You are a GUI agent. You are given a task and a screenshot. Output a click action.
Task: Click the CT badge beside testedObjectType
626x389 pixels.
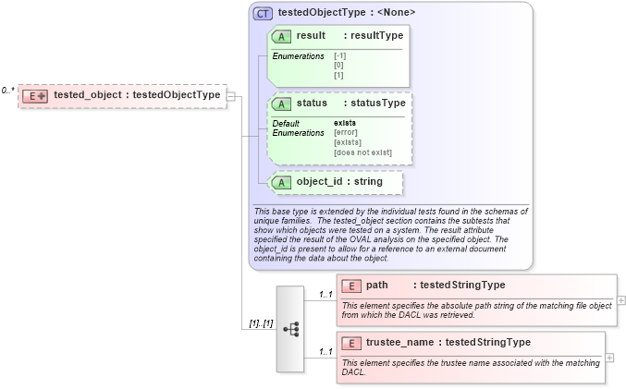point(264,13)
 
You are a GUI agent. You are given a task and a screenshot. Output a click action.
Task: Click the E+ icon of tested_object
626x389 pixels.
point(36,95)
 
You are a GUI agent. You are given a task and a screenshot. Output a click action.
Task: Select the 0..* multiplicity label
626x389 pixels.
point(7,91)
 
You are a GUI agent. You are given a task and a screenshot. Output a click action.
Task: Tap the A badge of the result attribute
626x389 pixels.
point(280,36)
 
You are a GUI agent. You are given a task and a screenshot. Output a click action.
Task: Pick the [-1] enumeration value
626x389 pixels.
point(340,56)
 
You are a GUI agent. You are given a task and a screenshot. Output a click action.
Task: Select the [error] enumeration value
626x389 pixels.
point(346,133)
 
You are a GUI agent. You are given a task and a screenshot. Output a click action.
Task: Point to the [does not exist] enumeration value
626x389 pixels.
point(362,152)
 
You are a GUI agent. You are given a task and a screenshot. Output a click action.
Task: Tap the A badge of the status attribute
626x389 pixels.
point(280,103)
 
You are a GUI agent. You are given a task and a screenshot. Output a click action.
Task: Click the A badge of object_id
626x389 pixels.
point(280,182)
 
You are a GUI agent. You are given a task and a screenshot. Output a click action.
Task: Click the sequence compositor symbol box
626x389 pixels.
point(289,329)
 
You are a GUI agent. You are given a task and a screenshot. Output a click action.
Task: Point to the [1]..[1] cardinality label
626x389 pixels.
point(259,324)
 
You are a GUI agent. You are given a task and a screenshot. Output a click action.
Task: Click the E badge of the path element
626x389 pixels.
point(350,286)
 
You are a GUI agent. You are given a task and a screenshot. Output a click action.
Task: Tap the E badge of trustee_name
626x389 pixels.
point(350,343)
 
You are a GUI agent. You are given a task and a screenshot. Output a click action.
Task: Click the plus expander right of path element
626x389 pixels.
point(621,300)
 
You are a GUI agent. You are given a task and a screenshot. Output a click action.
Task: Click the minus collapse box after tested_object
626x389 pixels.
point(231,95)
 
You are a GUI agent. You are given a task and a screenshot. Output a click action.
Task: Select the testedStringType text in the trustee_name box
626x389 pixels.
point(488,343)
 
